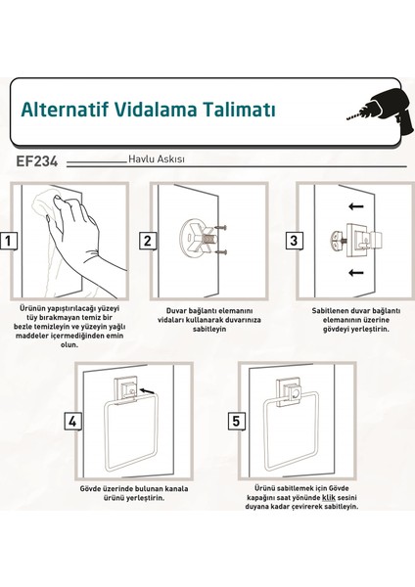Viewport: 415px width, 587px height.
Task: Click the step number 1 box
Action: pyautogui.click(x=9, y=240)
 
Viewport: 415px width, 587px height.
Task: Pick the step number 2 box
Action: pyautogui.click(x=147, y=241)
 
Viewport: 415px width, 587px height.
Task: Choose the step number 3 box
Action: pyautogui.click(x=291, y=241)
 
